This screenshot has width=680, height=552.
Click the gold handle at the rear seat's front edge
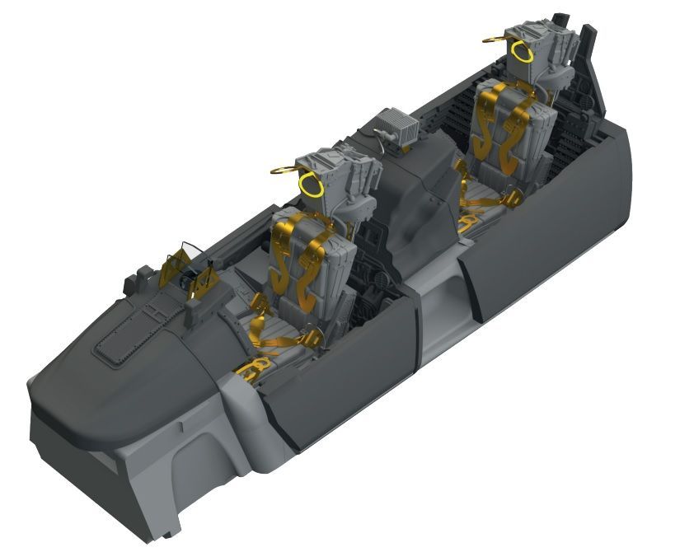pos(468,222)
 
